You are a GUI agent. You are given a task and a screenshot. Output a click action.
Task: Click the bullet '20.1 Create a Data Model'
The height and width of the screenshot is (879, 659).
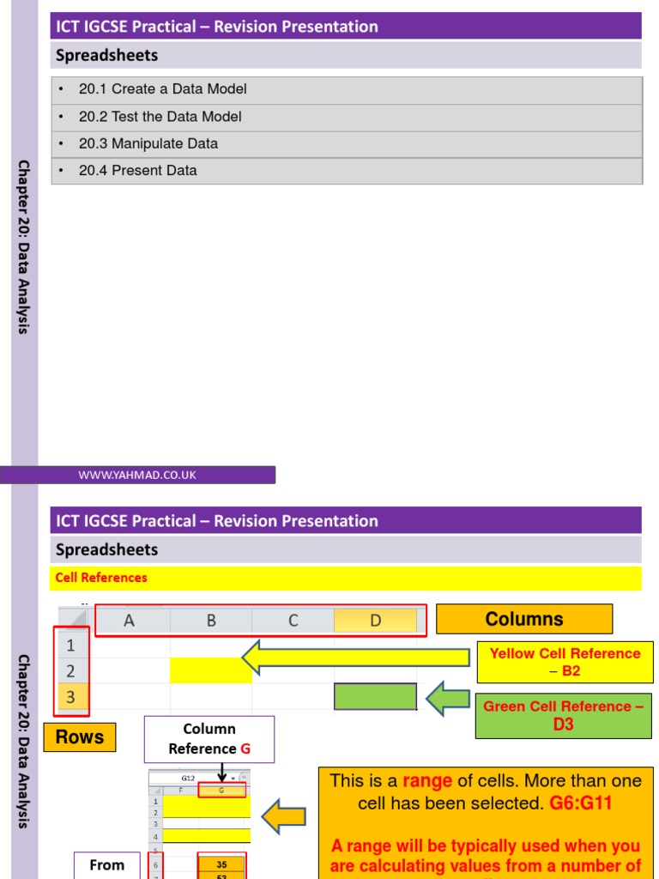(x=162, y=89)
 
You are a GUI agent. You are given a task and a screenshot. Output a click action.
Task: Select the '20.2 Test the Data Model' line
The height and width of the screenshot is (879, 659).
(x=160, y=117)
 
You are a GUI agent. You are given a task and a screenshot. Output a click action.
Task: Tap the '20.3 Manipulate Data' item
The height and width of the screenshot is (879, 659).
(x=148, y=143)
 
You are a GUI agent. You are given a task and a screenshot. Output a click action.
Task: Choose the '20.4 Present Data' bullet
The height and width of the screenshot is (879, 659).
(x=137, y=171)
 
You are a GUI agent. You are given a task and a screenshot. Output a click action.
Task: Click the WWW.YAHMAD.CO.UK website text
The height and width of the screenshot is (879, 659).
(x=137, y=475)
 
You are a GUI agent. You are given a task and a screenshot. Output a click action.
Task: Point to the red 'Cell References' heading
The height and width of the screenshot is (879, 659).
(x=101, y=578)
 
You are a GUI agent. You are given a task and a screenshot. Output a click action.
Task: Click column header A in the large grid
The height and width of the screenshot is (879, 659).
(x=130, y=621)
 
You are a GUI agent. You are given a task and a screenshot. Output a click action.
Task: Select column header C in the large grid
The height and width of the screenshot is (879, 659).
(x=293, y=621)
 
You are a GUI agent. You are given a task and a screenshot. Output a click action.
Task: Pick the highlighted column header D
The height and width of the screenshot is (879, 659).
(x=375, y=621)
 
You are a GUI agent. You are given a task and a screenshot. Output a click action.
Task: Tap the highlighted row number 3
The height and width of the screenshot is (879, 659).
(x=71, y=698)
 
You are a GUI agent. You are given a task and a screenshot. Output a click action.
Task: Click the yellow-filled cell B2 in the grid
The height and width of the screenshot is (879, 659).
(x=211, y=670)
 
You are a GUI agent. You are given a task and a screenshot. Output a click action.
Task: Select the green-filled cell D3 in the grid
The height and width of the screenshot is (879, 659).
(x=375, y=697)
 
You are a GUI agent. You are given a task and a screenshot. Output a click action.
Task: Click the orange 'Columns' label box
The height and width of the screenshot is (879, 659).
(x=524, y=619)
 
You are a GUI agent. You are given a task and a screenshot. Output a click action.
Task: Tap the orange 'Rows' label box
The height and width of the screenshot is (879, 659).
(x=80, y=737)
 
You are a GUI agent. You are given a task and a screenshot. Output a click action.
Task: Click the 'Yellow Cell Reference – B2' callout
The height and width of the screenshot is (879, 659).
(x=565, y=662)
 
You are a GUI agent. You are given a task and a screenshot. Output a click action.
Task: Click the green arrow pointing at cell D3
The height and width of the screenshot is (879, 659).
(x=447, y=697)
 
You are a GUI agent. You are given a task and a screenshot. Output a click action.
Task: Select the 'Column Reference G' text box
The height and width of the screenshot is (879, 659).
(x=209, y=739)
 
